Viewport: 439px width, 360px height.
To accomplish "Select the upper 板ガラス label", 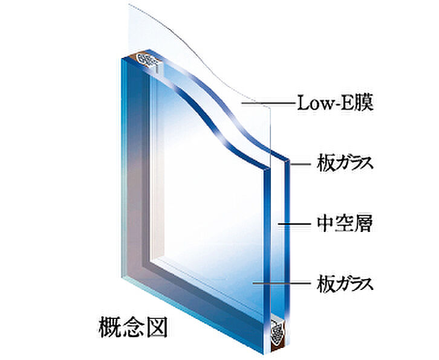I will coord(342,164).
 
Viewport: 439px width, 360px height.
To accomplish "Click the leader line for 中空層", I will coord(297,225).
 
